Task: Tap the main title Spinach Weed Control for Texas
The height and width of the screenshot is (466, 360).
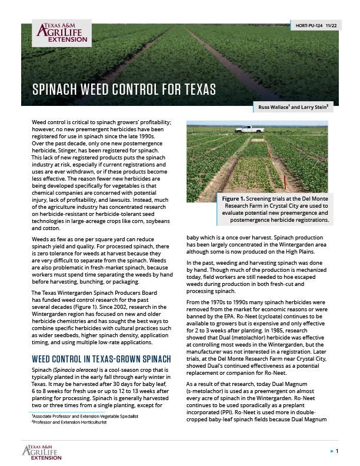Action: [124, 89]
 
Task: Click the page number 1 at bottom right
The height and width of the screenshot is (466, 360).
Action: [337, 450]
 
